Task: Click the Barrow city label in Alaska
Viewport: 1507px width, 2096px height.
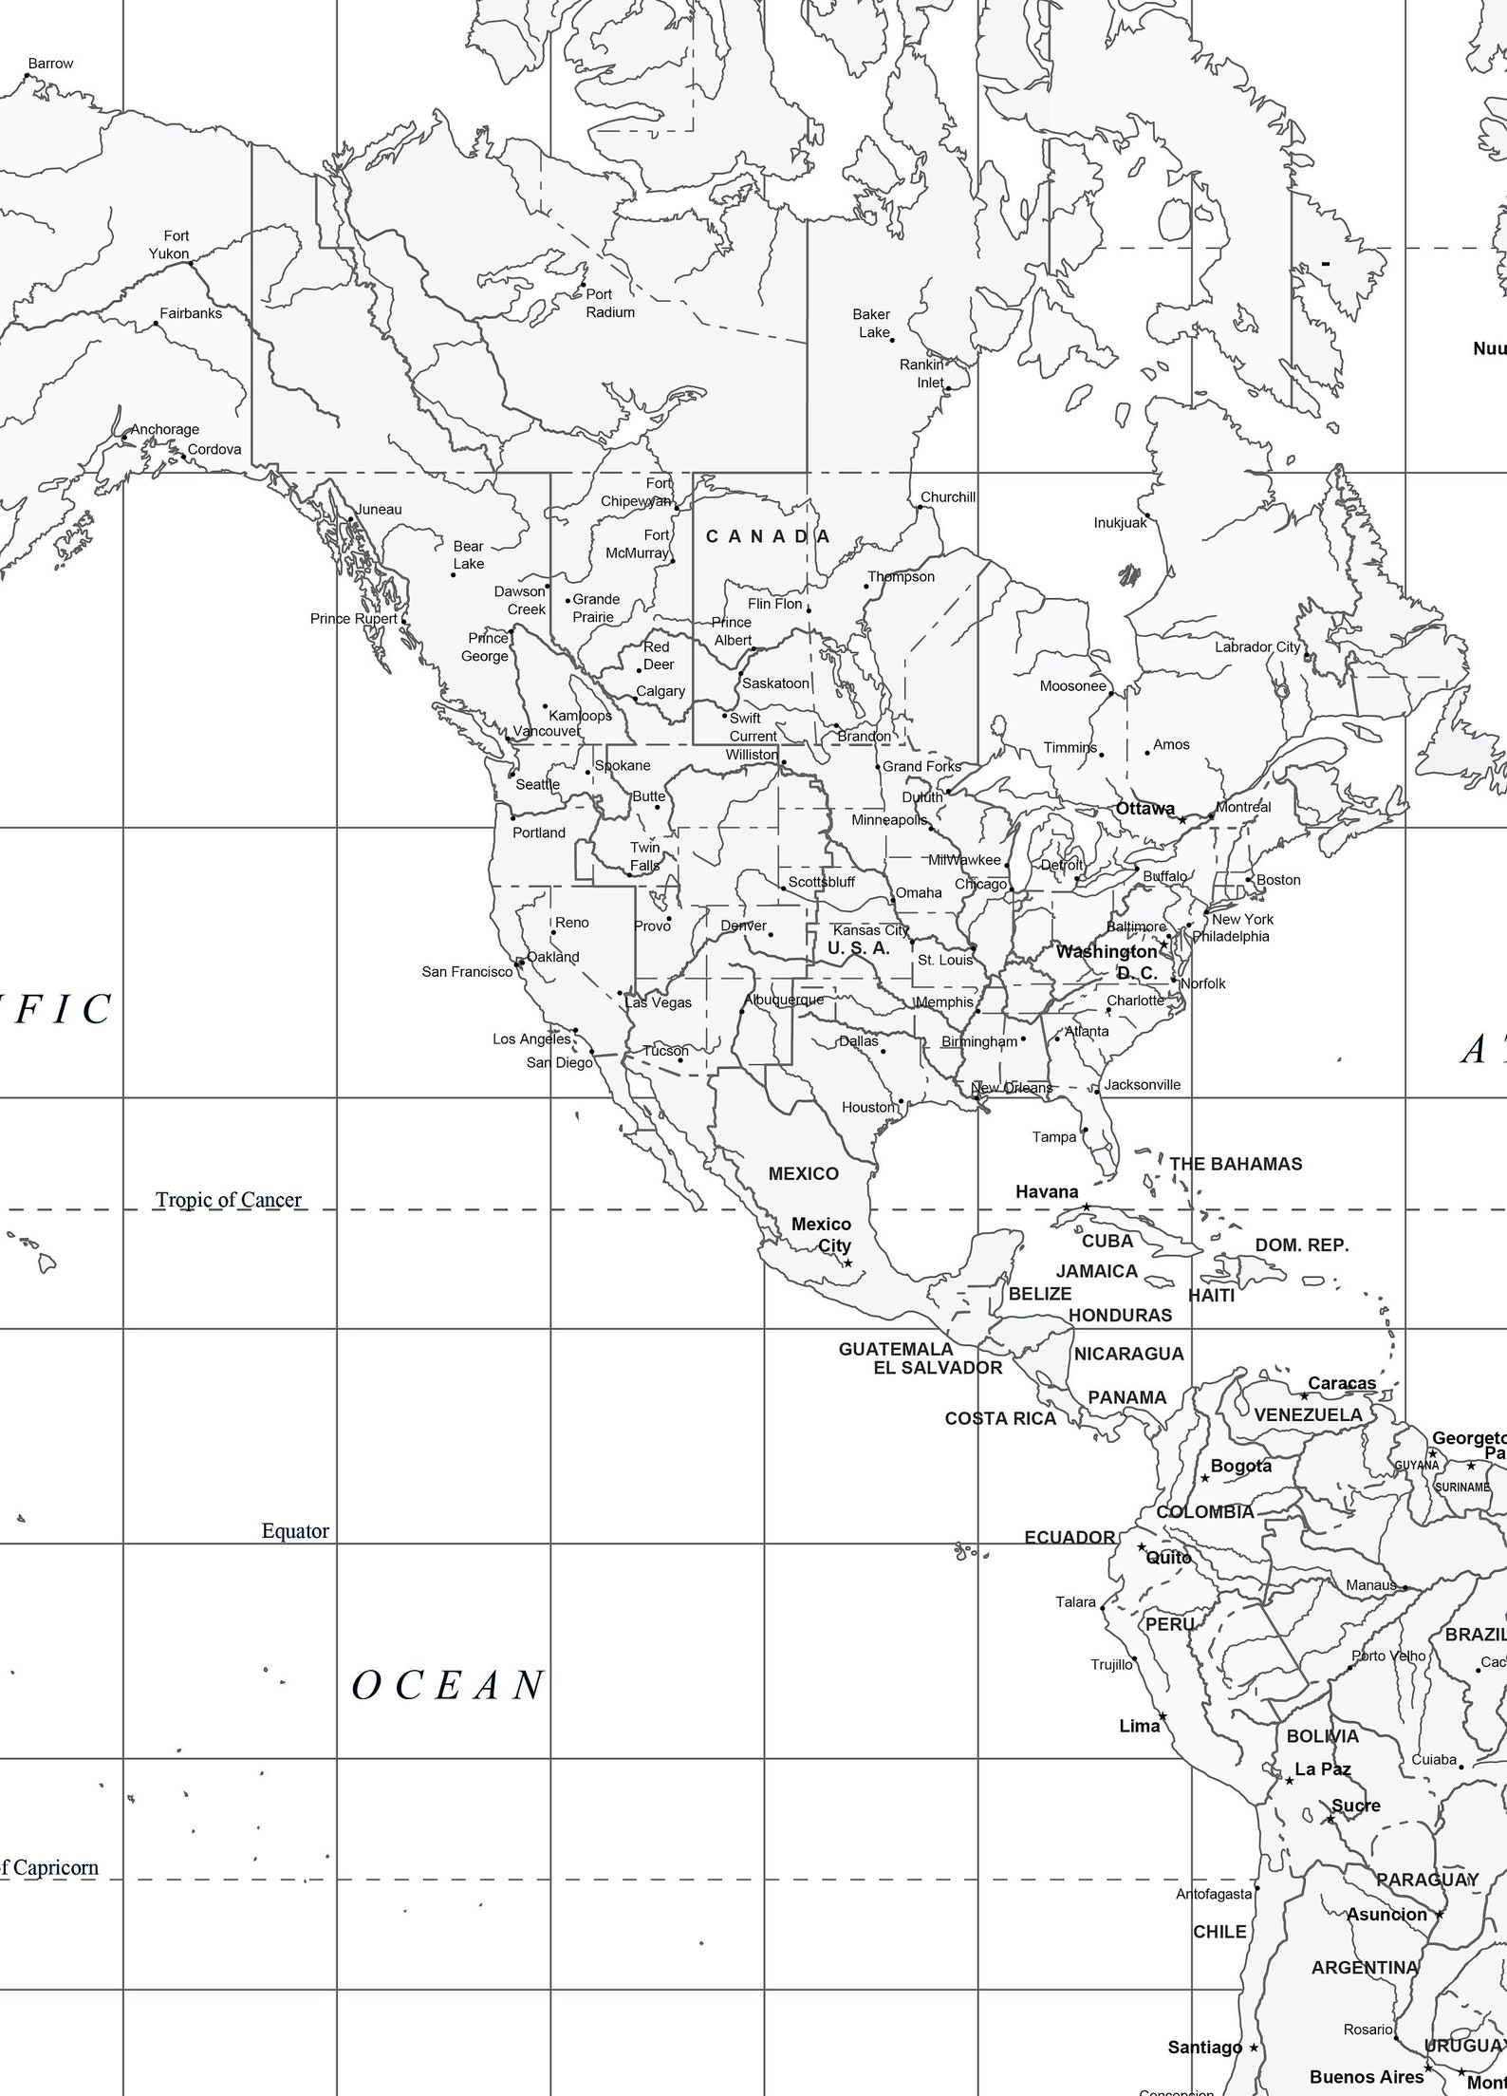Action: click(50, 64)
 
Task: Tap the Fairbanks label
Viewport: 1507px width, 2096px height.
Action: click(190, 313)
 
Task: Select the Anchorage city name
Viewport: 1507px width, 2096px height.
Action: click(164, 429)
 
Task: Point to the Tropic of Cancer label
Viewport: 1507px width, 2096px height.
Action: click(228, 1200)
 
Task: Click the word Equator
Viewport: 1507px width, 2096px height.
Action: click(295, 1531)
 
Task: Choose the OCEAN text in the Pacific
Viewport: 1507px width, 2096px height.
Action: click(448, 1686)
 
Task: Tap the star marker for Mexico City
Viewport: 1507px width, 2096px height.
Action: click(848, 1263)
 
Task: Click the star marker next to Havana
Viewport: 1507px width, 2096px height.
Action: click(1087, 1207)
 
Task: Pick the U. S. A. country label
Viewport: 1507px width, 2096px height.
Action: click(858, 947)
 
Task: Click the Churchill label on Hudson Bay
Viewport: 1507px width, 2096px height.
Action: click(947, 497)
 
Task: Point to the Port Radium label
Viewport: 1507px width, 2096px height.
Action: click(609, 304)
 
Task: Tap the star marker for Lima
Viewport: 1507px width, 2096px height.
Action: click(1163, 1717)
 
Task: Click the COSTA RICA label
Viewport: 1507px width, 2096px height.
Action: click(1000, 1418)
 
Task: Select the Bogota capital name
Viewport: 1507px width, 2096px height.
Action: click(1240, 1466)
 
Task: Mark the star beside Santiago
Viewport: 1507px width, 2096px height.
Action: click(1254, 2048)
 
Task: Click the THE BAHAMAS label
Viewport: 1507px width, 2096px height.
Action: click(1236, 1164)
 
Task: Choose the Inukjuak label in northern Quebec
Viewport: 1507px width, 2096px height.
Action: click(1120, 523)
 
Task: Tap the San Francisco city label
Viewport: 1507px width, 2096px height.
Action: click(467, 972)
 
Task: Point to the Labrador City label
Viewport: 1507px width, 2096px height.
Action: click(1257, 646)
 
